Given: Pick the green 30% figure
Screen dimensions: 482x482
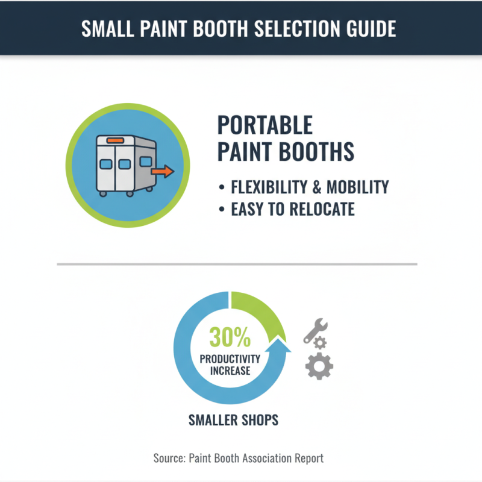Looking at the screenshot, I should (x=230, y=339).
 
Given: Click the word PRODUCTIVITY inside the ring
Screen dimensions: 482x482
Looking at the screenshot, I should (x=230, y=359).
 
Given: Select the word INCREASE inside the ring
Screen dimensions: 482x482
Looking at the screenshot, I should (x=230, y=371).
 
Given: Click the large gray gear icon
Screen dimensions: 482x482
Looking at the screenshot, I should (x=319, y=366).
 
